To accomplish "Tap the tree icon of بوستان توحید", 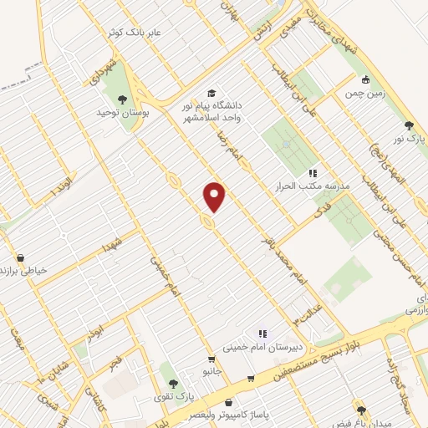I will pyautogui.click(x=123, y=99).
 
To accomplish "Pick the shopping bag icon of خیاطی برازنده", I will pyautogui.click(x=20, y=257).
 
